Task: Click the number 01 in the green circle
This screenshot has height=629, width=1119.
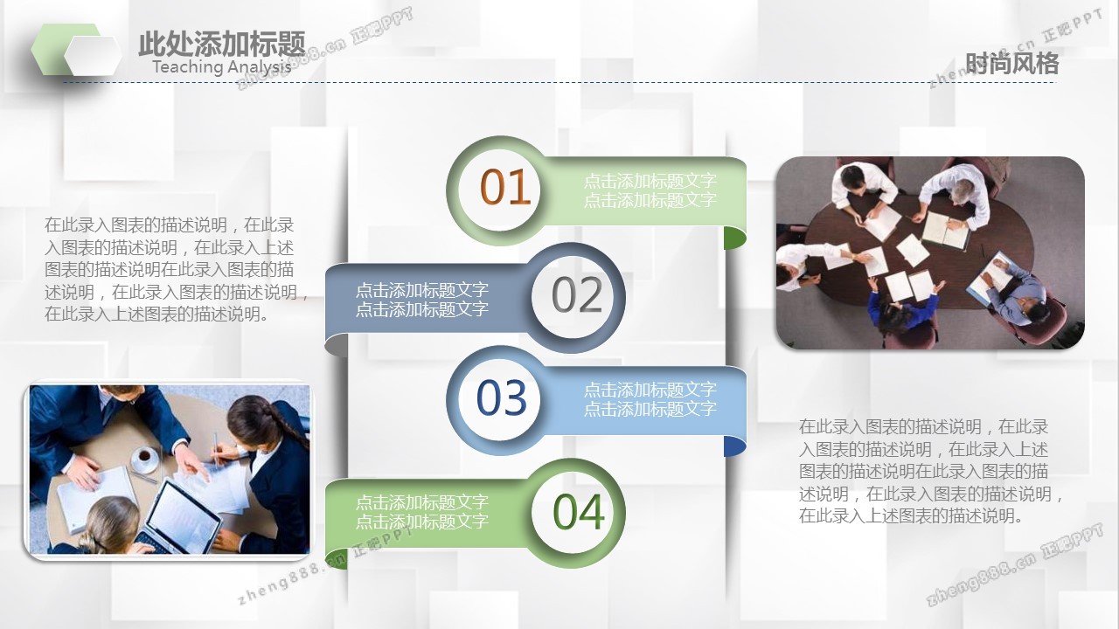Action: pos(504,187)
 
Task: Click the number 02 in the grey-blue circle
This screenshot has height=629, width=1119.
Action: pos(577,294)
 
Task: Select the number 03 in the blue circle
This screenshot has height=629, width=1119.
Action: pos(502,397)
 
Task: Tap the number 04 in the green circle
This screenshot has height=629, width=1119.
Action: pos(579,511)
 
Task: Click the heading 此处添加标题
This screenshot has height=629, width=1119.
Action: pos(222,44)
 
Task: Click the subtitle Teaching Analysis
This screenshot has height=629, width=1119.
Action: pos(222,66)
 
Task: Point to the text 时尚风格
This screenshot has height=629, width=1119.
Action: pos(1011,64)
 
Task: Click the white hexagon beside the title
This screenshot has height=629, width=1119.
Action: pos(93,55)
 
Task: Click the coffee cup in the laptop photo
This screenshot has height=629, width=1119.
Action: pos(145,459)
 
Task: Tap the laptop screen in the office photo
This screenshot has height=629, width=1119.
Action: pos(184,515)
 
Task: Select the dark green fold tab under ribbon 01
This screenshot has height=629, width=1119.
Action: pos(735,238)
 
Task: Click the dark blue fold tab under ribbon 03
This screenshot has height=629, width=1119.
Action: pos(735,446)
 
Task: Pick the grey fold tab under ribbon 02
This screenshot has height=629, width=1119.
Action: pos(337,345)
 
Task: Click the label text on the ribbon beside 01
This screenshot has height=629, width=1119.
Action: pos(650,190)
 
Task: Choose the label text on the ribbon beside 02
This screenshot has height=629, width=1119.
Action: pos(421,300)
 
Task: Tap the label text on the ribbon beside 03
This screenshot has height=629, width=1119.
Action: pos(650,399)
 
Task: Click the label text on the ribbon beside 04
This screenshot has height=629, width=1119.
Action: pos(421,511)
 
